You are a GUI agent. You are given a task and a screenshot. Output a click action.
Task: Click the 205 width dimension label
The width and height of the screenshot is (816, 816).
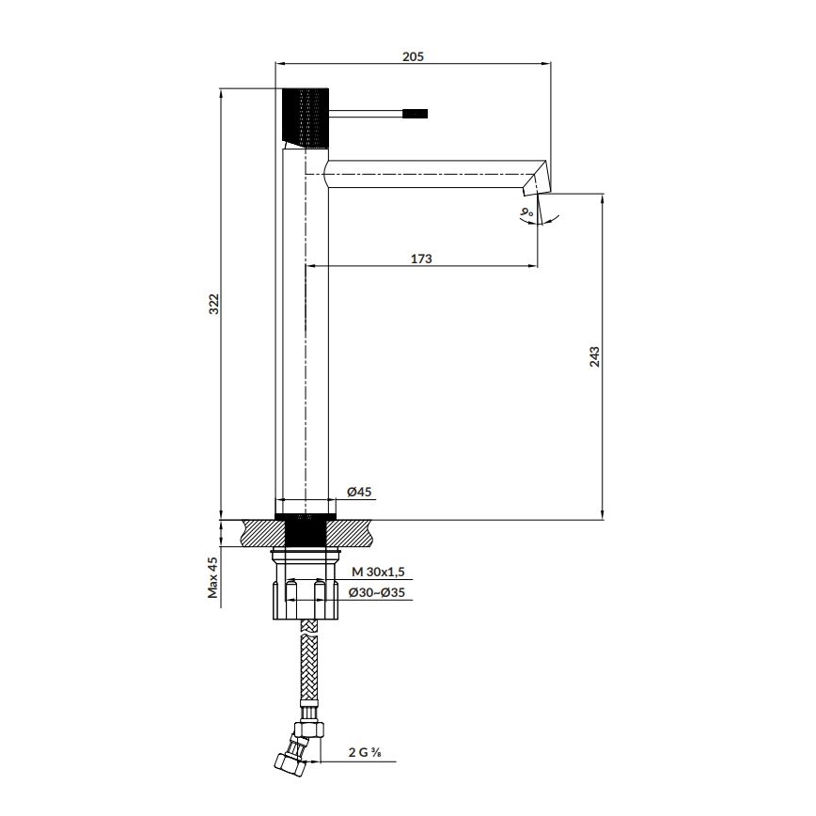pyautogui.click(x=413, y=55)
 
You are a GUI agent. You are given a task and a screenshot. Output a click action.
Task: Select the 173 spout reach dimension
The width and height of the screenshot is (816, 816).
pyautogui.click(x=421, y=259)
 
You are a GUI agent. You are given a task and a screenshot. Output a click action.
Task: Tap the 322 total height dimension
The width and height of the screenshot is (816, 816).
pyautogui.click(x=213, y=304)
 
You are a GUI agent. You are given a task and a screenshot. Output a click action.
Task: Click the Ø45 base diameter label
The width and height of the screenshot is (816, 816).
pyautogui.click(x=360, y=493)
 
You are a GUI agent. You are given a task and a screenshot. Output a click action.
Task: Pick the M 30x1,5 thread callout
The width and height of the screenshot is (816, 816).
pyautogui.click(x=378, y=572)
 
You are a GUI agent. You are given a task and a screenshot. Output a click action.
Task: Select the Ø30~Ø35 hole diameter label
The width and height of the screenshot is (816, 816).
pyautogui.click(x=377, y=593)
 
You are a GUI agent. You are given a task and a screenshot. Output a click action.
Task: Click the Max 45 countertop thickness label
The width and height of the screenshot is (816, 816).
pyautogui.click(x=213, y=576)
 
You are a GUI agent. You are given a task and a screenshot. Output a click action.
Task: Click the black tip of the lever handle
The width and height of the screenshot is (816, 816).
pyautogui.click(x=416, y=114)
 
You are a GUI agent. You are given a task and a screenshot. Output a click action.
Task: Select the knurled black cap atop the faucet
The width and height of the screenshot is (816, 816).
pyautogui.click(x=305, y=116)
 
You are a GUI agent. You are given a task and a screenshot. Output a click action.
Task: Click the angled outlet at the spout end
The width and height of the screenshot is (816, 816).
pyautogui.click(x=534, y=182)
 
